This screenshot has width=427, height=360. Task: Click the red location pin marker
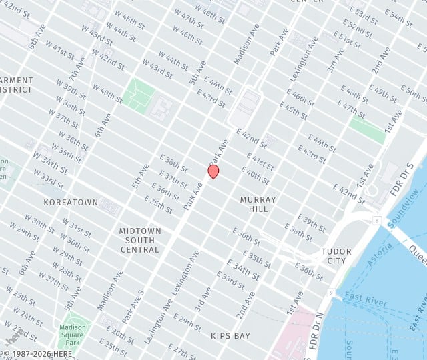pyautogui.click(x=213, y=171)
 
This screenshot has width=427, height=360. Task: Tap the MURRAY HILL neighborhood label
pyautogui.click(x=258, y=204)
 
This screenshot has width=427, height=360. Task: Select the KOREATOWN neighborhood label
pyautogui.click(x=71, y=202)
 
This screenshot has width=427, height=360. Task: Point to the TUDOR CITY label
pyautogui.click(x=336, y=256)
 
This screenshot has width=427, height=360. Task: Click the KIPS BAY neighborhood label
pyautogui.click(x=230, y=336)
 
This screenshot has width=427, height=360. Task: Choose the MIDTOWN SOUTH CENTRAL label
pyautogui.click(x=140, y=240)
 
